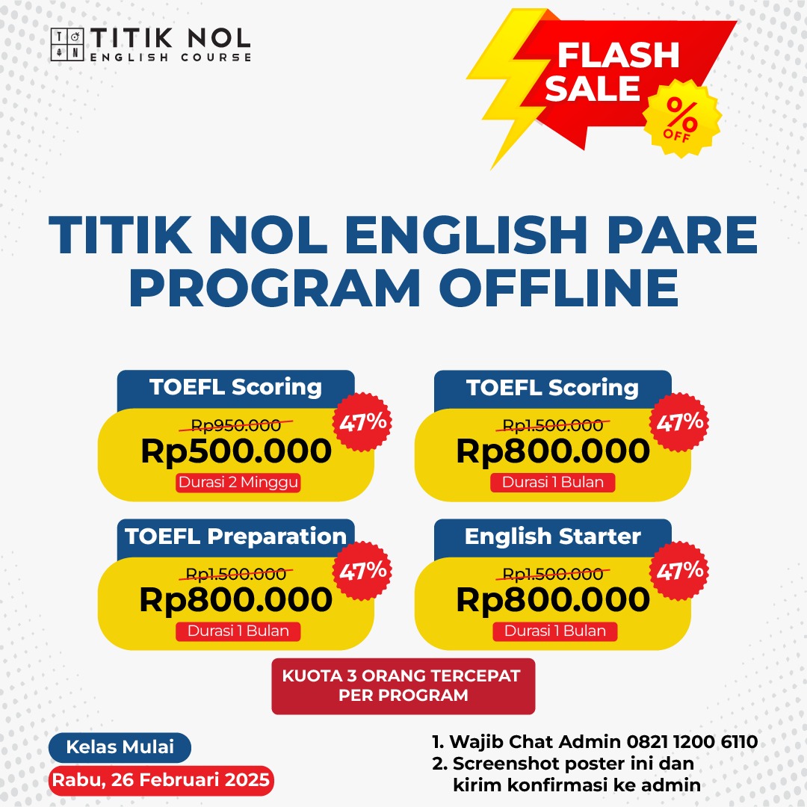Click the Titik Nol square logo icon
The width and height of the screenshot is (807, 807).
(x=67, y=45)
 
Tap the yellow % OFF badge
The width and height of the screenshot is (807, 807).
(x=681, y=118)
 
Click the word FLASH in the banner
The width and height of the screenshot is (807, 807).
(x=619, y=55)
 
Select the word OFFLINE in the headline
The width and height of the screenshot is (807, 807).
(x=559, y=288)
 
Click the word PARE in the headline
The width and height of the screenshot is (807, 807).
(x=682, y=235)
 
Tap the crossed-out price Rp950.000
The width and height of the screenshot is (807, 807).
(x=235, y=424)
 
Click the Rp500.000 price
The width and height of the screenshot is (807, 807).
(x=236, y=451)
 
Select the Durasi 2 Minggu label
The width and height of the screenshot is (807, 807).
(x=238, y=482)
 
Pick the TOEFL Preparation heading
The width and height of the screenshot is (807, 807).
(x=235, y=537)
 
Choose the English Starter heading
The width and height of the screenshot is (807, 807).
(x=553, y=537)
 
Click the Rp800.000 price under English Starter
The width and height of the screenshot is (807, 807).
(x=553, y=599)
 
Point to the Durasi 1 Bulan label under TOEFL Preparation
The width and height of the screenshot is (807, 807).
(x=238, y=631)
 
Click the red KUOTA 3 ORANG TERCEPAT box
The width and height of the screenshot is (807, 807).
(x=403, y=686)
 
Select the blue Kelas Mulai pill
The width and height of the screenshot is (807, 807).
(x=120, y=747)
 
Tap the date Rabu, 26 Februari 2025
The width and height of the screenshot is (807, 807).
(x=161, y=780)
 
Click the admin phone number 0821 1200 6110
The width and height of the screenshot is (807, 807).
(x=692, y=742)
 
